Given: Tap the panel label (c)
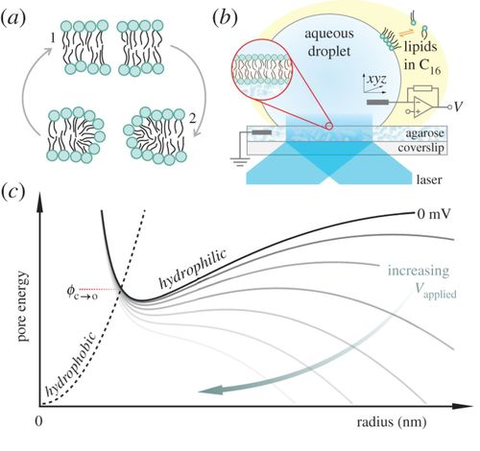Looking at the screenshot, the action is click(12, 193).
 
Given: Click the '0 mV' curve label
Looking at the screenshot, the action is click(433, 214).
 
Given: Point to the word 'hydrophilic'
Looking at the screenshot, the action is click(193, 268).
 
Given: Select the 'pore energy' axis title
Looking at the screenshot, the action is click(23, 306).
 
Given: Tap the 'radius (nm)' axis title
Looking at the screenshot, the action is click(392, 422).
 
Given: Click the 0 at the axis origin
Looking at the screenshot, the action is click(38, 421).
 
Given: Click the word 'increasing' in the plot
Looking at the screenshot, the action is click(419, 271).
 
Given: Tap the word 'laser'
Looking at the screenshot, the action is click(429, 179).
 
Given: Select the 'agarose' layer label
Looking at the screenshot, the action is click(424, 133).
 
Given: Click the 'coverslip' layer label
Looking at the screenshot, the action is click(420, 148).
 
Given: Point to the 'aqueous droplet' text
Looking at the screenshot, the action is click(329, 42).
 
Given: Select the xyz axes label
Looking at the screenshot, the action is click(376, 80).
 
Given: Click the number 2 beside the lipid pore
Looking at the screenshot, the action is click(192, 119).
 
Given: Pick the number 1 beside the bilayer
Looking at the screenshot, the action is click(53, 38).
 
